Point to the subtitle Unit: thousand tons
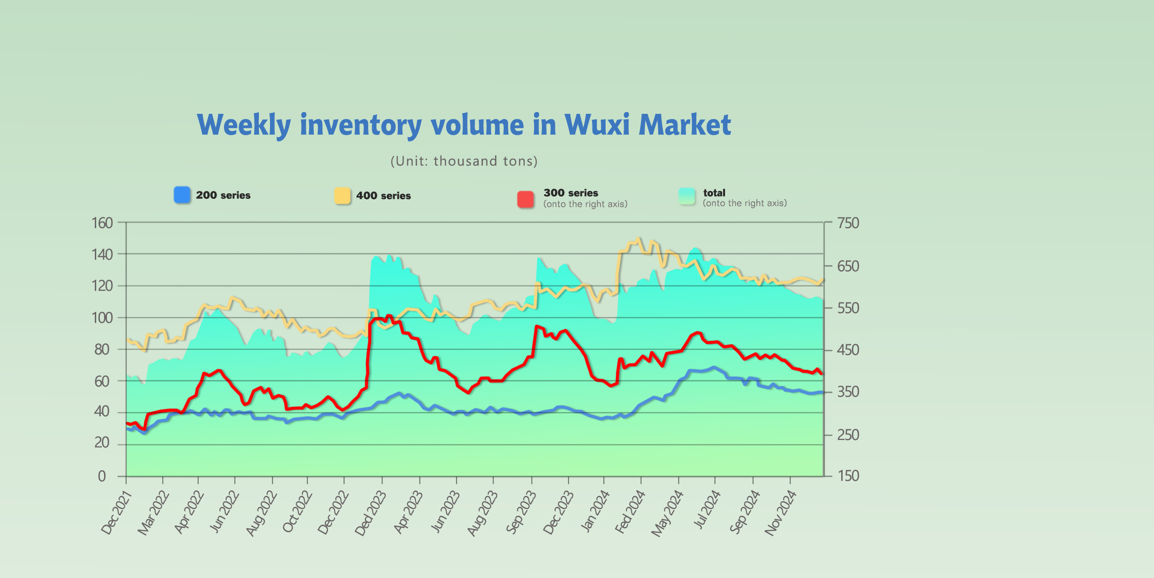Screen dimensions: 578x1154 click(x=464, y=161)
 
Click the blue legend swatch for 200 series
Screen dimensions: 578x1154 click(x=182, y=195)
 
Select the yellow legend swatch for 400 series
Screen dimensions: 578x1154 click(x=343, y=196)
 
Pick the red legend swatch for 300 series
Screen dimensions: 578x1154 click(x=526, y=199)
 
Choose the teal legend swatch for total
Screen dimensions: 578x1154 click(x=687, y=196)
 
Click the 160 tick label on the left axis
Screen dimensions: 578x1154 click(x=102, y=223)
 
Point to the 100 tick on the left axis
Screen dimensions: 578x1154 click(x=102, y=318)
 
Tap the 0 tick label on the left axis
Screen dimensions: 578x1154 click(x=102, y=476)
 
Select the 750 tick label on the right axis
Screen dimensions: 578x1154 click(x=848, y=223)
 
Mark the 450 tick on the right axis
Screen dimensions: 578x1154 click(x=848, y=350)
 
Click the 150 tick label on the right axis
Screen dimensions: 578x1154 click(x=848, y=476)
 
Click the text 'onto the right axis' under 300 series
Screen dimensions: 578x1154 click(x=585, y=204)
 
